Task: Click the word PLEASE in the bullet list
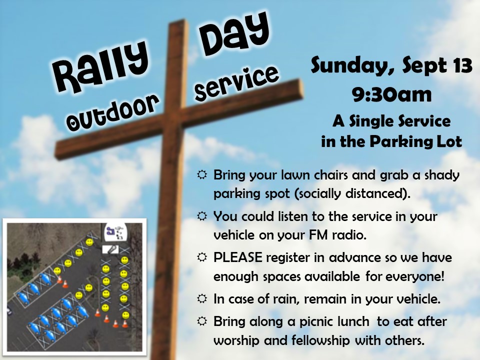(237, 257)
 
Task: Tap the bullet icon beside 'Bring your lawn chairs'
(202, 175)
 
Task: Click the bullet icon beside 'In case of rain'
(202, 298)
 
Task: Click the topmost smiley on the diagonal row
(89, 242)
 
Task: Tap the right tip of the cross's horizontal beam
(302, 89)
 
